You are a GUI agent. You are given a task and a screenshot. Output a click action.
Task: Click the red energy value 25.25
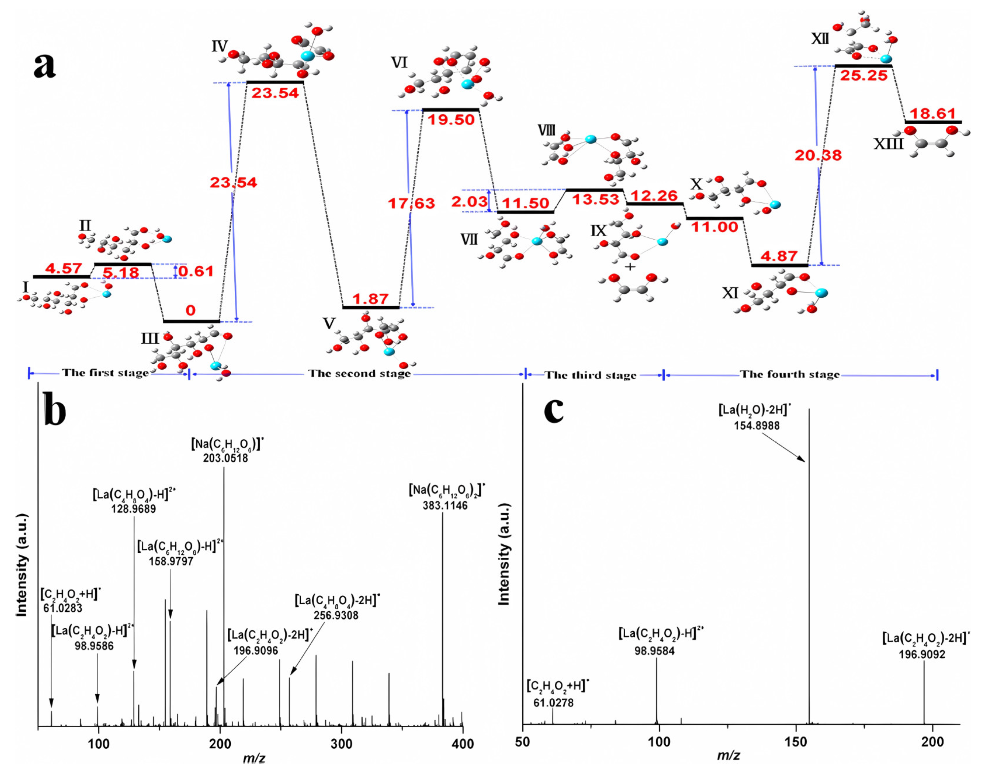[863, 75]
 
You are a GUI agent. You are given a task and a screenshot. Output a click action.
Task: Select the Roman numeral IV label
[220, 46]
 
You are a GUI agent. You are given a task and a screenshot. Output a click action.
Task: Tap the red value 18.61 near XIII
[933, 113]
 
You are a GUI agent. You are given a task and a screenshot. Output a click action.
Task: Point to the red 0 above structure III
[191, 310]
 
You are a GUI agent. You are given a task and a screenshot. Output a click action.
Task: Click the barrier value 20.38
[818, 155]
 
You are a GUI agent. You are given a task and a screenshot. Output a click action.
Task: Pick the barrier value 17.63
[411, 203]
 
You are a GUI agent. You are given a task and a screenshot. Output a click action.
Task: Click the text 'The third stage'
[590, 375]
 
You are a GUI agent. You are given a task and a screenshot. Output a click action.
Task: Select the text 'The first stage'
[105, 373]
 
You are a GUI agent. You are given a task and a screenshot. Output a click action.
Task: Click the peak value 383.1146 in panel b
[445, 505]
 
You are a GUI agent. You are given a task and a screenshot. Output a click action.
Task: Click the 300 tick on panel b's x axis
[341, 744]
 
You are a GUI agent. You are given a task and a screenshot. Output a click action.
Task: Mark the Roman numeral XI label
[730, 293]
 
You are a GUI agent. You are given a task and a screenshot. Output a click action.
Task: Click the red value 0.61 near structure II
[196, 271]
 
